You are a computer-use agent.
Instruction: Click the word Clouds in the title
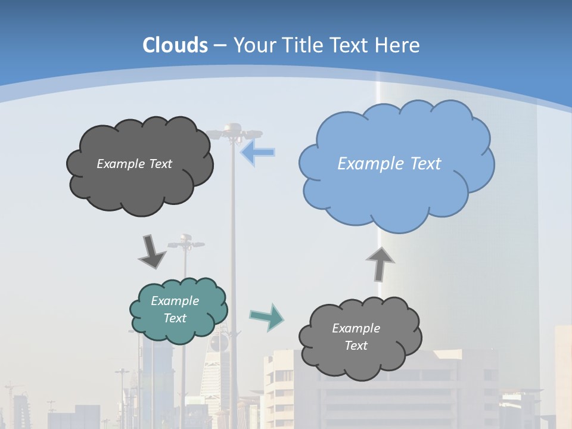[x=175, y=45]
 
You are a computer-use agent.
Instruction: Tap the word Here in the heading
[x=398, y=45]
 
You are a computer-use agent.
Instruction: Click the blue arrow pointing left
[x=257, y=153]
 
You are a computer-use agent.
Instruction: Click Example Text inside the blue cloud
[x=389, y=163]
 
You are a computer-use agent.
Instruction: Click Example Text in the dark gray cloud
[x=134, y=163]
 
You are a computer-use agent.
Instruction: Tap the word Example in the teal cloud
[x=175, y=301]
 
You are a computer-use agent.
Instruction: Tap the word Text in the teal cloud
[x=175, y=318]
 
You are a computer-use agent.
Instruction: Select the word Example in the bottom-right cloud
[x=356, y=328]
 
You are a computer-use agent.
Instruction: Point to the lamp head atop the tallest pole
[x=233, y=130]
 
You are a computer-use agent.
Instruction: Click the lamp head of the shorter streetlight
[x=185, y=240]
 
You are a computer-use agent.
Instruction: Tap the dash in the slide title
[x=220, y=45]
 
